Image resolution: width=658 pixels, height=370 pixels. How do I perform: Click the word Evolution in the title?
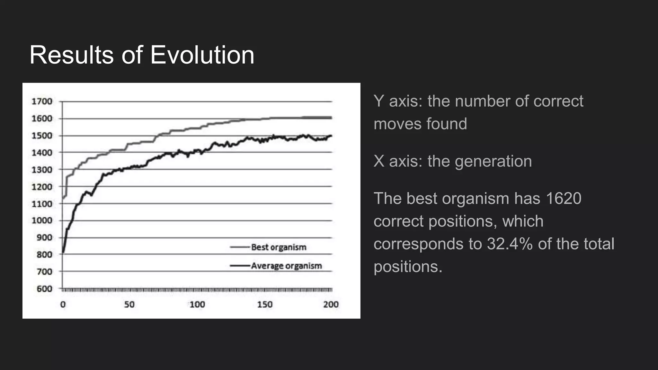click(202, 55)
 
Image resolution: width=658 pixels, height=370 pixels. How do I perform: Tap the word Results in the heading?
click(71, 55)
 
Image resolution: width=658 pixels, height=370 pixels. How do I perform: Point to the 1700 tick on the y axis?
click(42, 101)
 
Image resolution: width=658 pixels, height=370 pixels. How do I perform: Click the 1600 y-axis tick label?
click(42, 119)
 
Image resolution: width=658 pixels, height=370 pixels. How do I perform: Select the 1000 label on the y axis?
click(42, 221)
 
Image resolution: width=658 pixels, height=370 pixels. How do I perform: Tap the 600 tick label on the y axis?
click(44, 289)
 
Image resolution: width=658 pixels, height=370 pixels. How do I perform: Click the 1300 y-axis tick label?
click(42, 170)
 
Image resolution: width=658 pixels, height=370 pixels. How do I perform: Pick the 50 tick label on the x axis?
click(129, 304)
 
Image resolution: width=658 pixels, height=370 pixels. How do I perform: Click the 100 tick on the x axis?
click(197, 304)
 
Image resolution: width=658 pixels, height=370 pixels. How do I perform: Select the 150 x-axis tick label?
click(265, 304)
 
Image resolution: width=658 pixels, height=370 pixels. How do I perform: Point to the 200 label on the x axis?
click(331, 304)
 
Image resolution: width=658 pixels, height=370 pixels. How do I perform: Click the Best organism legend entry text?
click(279, 247)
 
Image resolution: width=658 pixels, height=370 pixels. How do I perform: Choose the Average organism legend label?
click(286, 266)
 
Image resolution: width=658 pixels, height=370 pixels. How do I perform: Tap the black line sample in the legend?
click(240, 266)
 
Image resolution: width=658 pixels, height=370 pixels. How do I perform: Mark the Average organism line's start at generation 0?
click(63, 252)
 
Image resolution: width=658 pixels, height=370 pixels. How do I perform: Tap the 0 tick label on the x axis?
click(63, 304)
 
